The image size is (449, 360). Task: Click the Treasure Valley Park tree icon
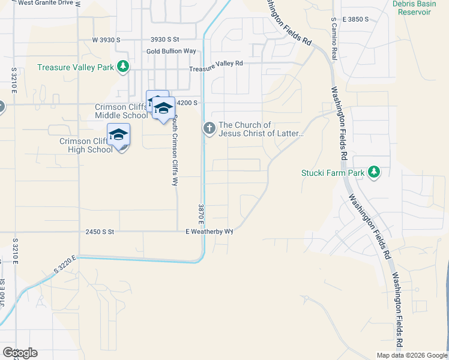123,67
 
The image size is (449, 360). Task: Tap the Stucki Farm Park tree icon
375,173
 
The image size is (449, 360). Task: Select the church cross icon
209,128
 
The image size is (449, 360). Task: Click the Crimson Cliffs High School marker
118,135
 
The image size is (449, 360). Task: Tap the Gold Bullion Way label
171,52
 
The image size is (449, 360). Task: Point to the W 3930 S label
106,40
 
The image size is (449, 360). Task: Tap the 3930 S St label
165,40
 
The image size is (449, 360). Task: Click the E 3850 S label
355,20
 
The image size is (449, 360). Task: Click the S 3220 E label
65,265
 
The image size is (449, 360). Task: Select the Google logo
20,353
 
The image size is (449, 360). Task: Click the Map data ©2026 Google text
412,355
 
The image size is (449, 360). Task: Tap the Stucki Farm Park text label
333,173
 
